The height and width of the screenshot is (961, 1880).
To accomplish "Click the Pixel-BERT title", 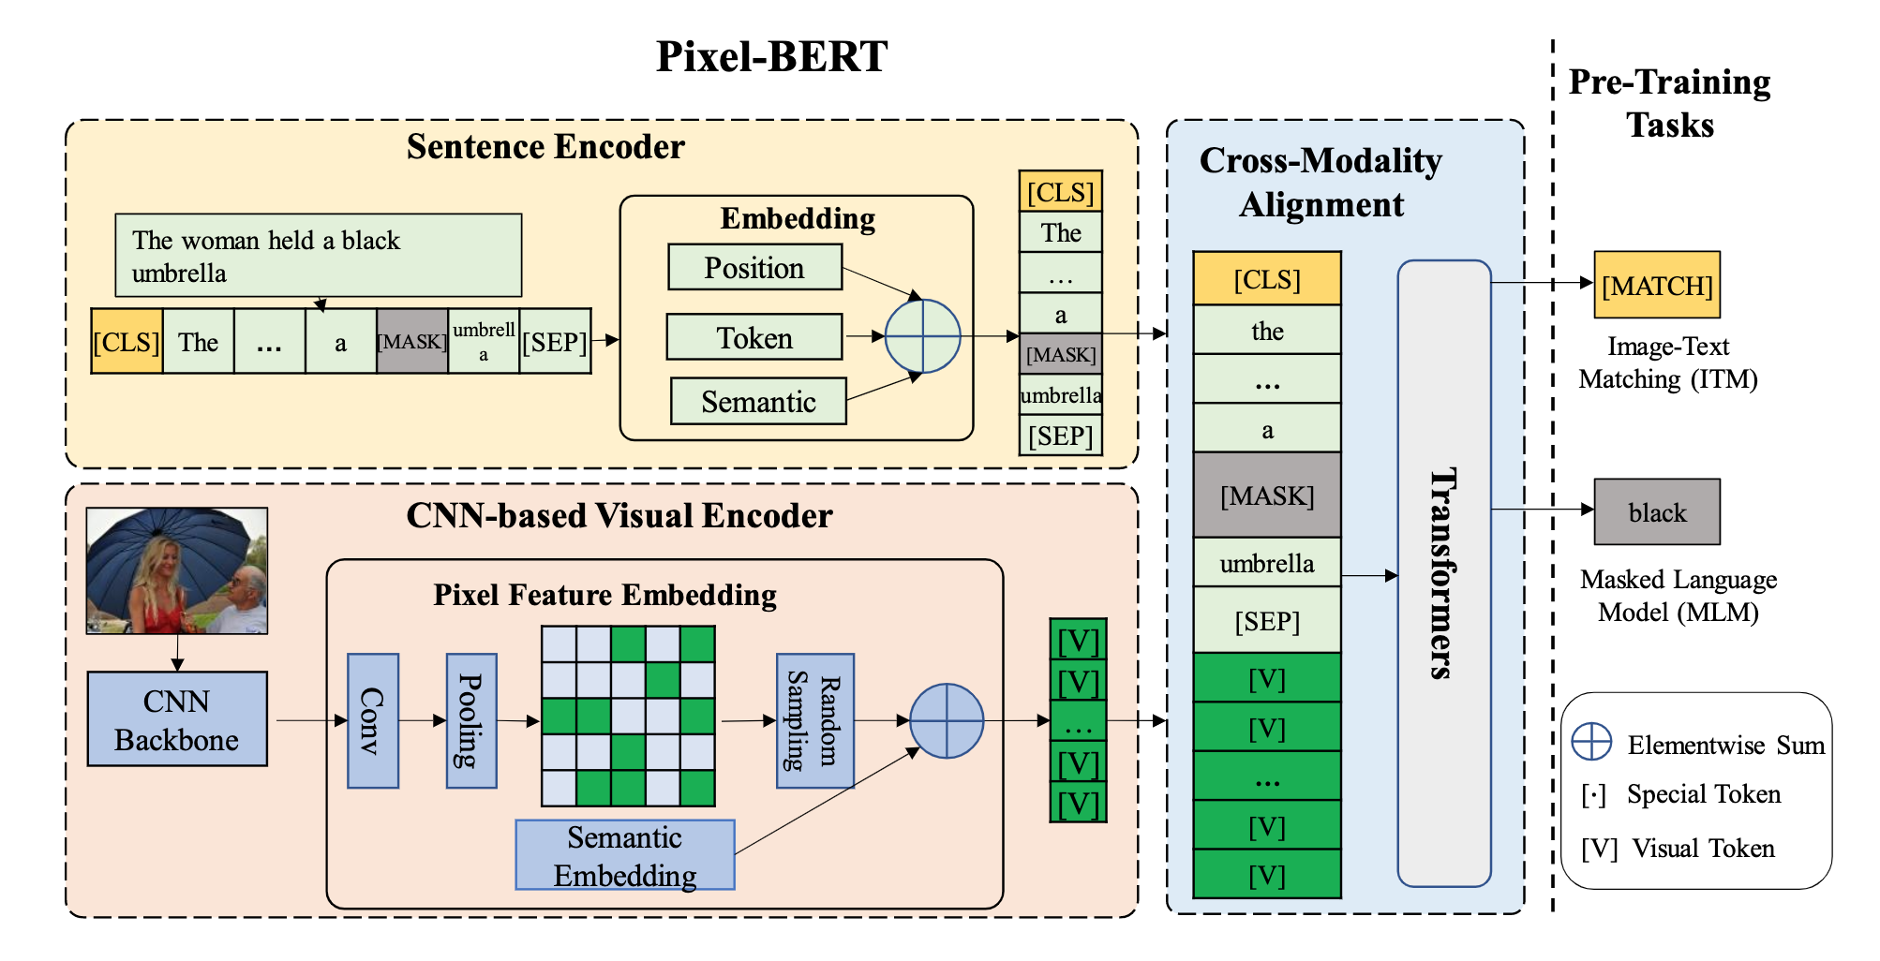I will (771, 56).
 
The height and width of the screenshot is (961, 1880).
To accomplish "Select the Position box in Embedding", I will (754, 268).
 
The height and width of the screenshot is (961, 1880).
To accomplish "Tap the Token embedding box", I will (754, 337).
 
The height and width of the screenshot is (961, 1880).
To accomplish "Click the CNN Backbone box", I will (177, 719).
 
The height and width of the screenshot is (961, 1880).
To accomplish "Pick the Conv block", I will (373, 720).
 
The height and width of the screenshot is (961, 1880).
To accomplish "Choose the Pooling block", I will (471, 720).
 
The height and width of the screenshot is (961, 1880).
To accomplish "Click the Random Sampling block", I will (814, 720).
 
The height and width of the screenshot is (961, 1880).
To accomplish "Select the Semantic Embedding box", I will (625, 855).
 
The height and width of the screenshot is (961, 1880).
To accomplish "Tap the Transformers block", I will (1443, 572).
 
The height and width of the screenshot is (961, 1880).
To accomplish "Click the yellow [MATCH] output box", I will (1657, 285).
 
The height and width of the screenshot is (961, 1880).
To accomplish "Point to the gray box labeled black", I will (1657, 512).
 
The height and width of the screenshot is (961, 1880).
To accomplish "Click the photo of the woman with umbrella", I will (177, 570).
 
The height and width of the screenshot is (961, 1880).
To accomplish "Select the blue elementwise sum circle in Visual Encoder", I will (947, 720).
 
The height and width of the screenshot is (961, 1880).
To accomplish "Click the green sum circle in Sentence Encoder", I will (922, 335).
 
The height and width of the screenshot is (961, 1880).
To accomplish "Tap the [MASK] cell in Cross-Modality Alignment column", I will (1267, 495).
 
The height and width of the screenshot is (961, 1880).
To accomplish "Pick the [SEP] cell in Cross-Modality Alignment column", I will (1267, 621).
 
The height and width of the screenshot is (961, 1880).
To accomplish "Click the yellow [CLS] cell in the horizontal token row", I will (127, 342).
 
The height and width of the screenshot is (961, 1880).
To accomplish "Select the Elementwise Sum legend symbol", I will (1591, 742).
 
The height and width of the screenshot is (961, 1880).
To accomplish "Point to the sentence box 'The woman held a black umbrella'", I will (318, 256).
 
